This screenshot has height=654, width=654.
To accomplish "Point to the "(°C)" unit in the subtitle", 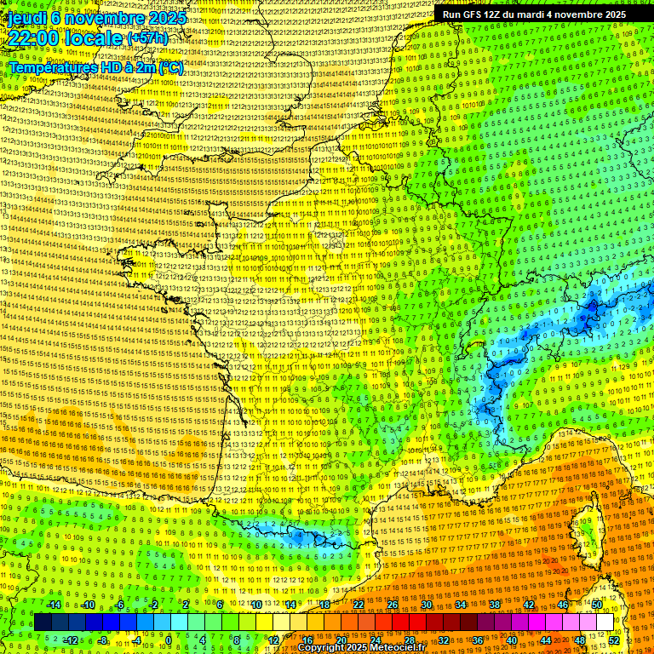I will tap(169, 67).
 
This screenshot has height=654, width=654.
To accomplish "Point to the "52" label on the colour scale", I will tap(615, 640).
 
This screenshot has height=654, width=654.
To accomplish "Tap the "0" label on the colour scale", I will tap(169, 640).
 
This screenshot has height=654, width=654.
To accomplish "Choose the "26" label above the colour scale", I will tap(393, 605).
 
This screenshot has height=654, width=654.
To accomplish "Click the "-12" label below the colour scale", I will tap(70, 640).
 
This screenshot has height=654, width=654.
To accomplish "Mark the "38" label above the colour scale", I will tap(495, 605).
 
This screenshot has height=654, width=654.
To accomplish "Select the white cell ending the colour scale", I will tap(605, 622).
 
